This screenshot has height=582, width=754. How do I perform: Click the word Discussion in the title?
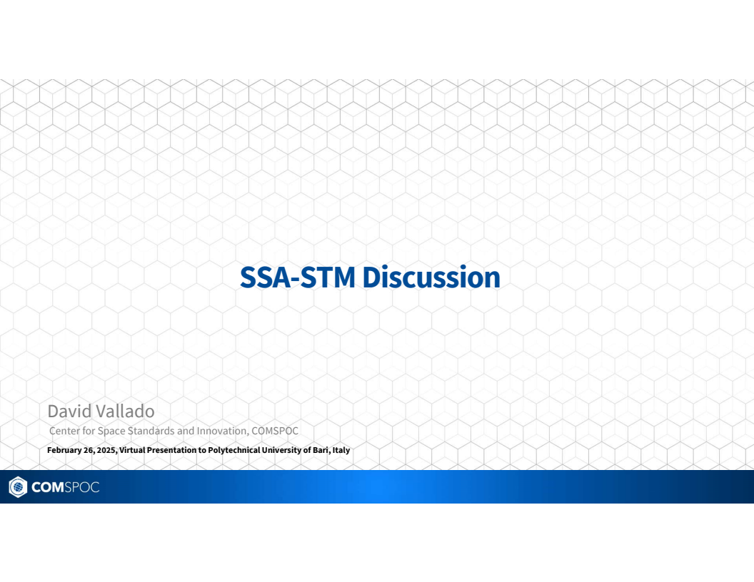point(431,277)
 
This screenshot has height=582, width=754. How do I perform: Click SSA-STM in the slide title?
point(298,277)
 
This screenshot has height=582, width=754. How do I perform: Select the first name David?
point(69,411)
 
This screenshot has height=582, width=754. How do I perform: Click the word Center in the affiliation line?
point(64,431)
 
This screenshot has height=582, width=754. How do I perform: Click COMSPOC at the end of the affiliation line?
point(275,431)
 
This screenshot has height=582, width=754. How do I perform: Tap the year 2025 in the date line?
point(106,450)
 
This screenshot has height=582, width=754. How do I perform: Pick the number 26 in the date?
point(90,450)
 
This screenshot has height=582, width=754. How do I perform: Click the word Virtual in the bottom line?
point(134,450)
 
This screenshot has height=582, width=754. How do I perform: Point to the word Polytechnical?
point(236,450)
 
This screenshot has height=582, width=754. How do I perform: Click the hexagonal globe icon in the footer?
point(17,487)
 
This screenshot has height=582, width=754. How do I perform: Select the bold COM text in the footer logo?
point(47,488)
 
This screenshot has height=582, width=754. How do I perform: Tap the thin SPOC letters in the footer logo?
point(81,488)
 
